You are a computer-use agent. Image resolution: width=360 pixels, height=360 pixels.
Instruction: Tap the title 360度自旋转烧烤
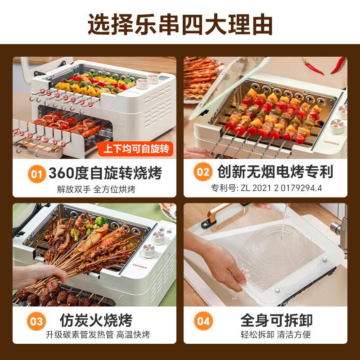click(105, 172)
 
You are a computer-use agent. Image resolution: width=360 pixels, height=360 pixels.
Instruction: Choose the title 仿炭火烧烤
click(96, 320)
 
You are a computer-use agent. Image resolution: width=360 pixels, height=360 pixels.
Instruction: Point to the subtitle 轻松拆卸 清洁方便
click(275, 335)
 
